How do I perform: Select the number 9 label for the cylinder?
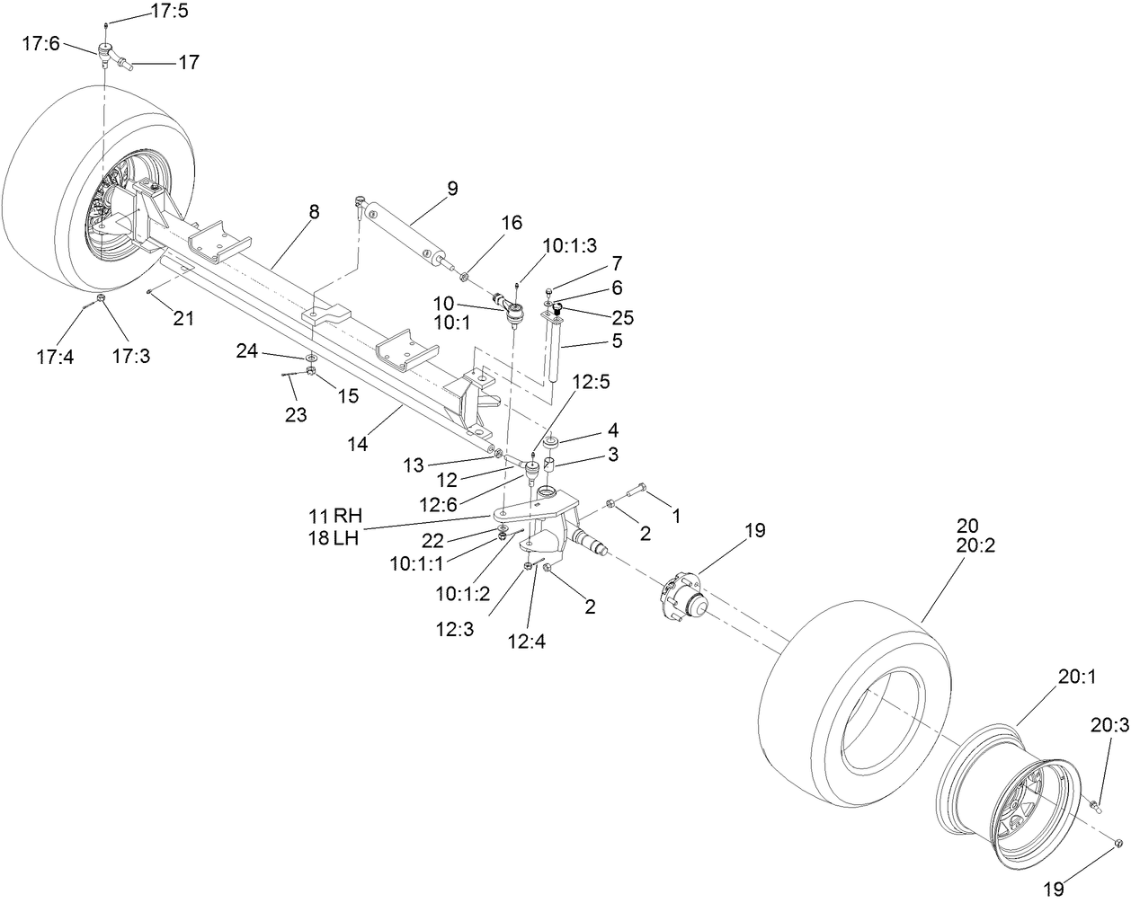(x=452, y=189)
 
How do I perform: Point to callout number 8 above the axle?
(x=313, y=212)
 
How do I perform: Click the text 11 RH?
(x=334, y=516)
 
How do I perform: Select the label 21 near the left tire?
(x=183, y=317)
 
